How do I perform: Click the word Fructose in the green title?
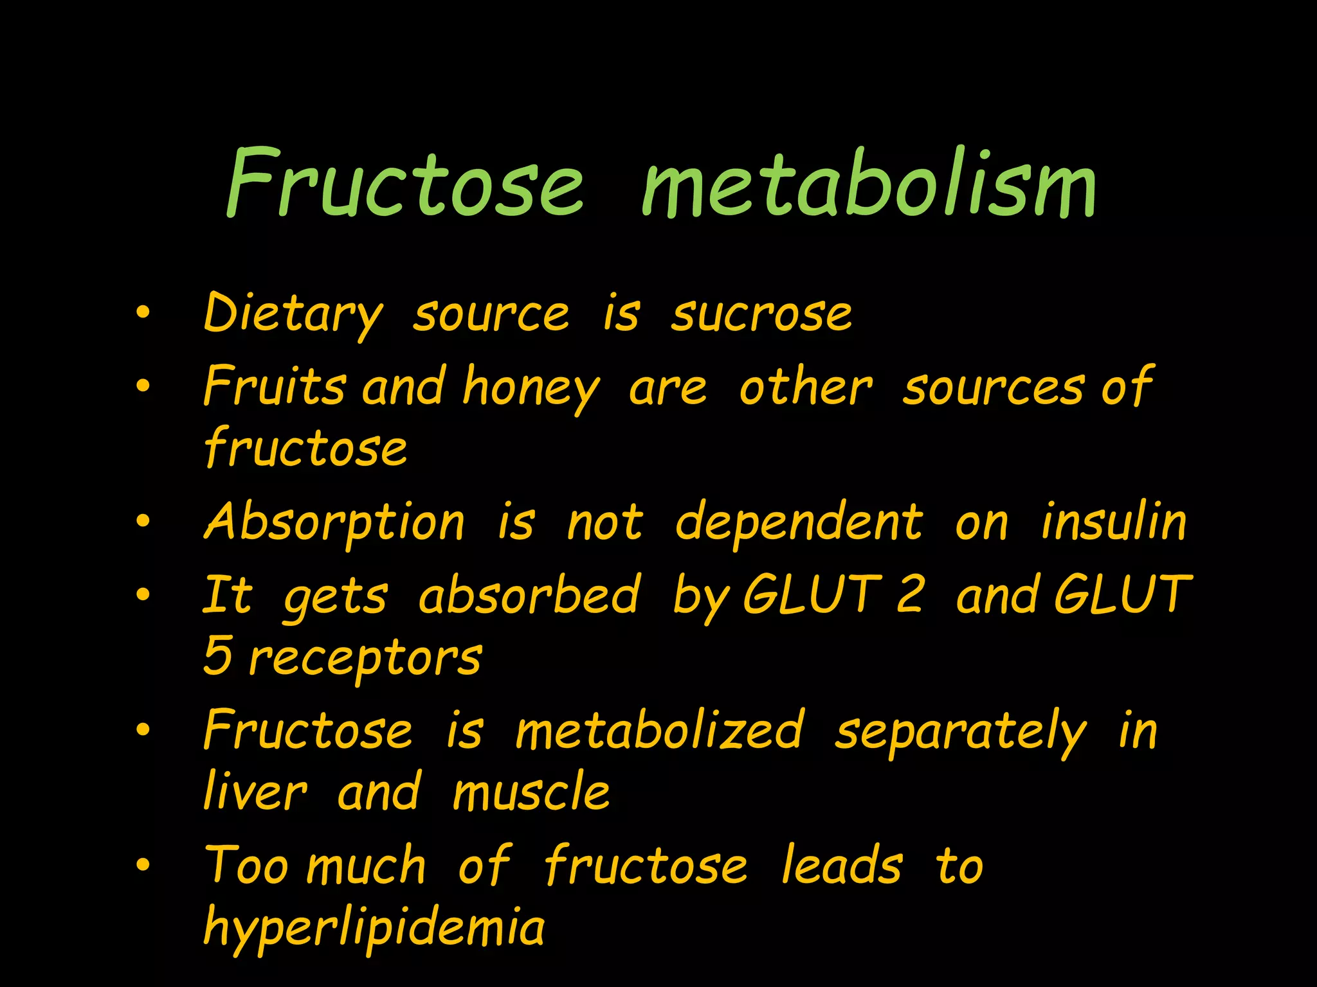click(405, 184)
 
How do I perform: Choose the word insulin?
click(1113, 522)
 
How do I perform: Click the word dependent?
click(799, 522)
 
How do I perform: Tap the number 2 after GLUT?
click(910, 594)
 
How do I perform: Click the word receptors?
click(365, 659)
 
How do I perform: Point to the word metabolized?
click(660, 731)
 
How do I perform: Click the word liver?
click(255, 792)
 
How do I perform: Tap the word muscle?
click(531, 792)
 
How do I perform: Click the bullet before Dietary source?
click(143, 313)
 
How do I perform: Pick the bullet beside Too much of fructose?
click(143, 865)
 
